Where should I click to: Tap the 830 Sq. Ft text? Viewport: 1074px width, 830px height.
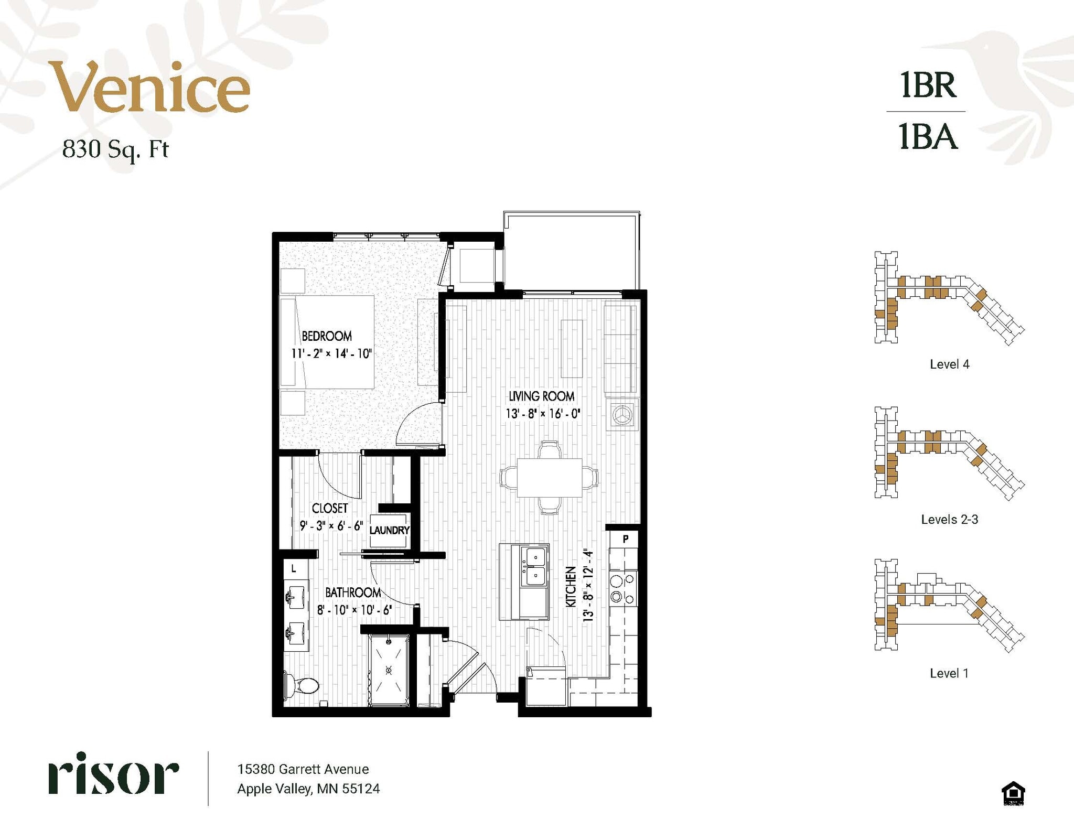[x=115, y=149]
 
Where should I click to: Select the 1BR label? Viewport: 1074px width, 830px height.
[x=928, y=85]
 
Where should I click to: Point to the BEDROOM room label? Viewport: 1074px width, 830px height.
[x=326, y=336]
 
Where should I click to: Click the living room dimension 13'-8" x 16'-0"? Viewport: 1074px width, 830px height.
[x=542, y=414]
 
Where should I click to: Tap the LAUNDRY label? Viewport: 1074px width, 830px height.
[x=389, y=530]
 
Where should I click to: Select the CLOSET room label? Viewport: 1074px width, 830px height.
[x=329, y=508]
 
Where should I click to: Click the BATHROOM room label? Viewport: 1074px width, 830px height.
[x=353, y=592]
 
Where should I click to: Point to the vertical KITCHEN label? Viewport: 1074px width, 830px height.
[x=571, y=586]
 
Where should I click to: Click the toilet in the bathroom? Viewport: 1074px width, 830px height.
[x=303, y=685]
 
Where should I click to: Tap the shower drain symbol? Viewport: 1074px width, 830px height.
[x=389, y=670]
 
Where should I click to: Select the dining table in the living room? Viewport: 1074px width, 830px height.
[x=549, y=478]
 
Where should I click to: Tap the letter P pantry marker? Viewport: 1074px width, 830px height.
[x=626, y=538]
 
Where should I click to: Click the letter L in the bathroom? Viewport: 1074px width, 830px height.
[x=294, y=568]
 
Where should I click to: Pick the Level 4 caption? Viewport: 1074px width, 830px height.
[x=949, y=364]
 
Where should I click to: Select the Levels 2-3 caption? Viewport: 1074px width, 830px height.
[x=949, y=520]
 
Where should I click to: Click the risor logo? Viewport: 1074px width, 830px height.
[x=114, y=774]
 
